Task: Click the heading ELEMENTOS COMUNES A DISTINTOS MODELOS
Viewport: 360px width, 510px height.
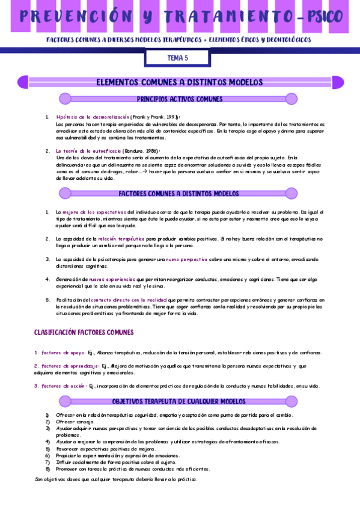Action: coord(180,82)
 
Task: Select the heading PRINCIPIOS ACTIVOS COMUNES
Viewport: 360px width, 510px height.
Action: coord(180,99)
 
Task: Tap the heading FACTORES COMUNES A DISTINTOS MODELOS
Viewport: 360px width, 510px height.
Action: coord(180,194)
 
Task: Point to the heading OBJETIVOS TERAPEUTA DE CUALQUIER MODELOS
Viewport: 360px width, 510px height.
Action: coord(179,401)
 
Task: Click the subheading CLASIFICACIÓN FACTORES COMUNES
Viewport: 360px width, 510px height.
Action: coord(84,332)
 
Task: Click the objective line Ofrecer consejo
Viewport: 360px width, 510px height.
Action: coord(75,422)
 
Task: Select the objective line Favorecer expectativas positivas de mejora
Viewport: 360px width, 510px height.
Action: coord(106,449)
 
